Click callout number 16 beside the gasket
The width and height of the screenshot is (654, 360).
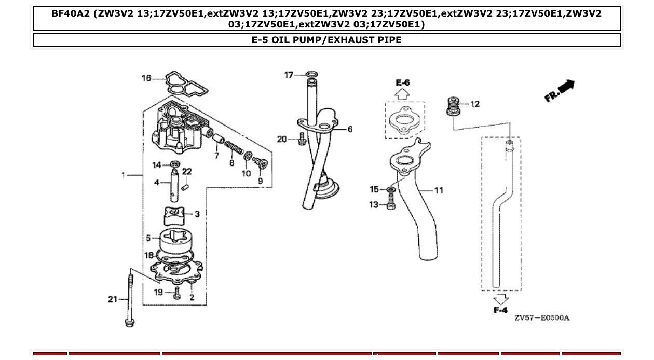point(146,78)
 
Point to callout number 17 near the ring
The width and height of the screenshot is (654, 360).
point(289,75)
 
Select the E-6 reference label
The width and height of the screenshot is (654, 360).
point(403,82)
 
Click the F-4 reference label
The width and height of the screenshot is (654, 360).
point(500,310)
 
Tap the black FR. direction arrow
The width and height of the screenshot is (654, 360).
point(561,90)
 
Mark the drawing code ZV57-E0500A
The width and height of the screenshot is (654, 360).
point(541,317)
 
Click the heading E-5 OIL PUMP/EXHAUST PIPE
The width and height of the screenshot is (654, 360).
point(326,39)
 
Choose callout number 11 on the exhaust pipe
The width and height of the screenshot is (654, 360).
point(439,190)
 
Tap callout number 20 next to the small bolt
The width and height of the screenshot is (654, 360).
point(282,139)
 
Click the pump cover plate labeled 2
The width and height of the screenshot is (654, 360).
point(176,270)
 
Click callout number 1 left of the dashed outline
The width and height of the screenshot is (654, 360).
point(124,175)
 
